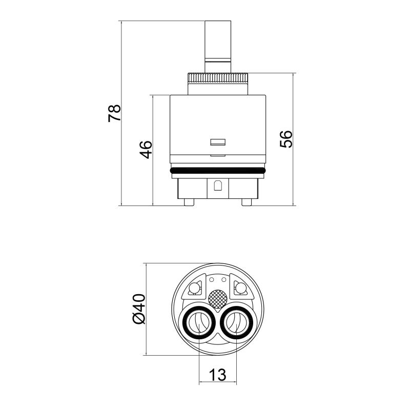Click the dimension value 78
coord(114,113)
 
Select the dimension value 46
coord(146,150)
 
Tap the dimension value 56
coord(286,139)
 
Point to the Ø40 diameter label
coord(139,309)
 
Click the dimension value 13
coord(217,375)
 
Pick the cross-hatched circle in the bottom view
coord(218,299)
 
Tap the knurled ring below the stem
coord(218,78)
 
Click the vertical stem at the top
coord(218,47)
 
